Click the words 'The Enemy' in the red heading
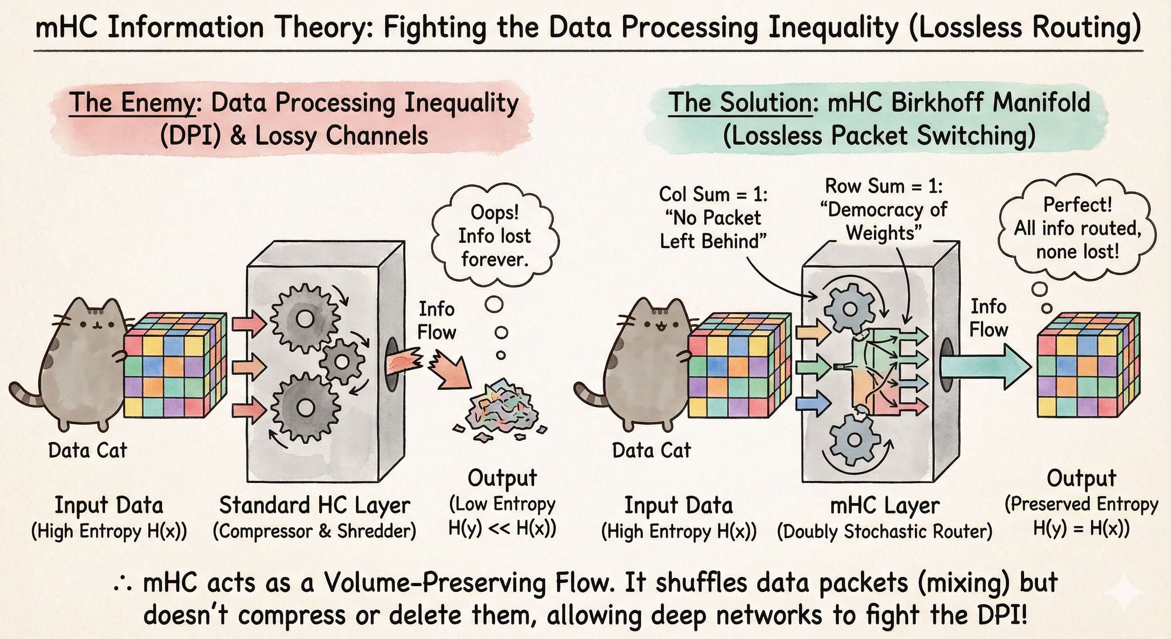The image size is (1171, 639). click(132, 103)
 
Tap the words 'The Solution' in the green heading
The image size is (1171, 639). click(740, 103)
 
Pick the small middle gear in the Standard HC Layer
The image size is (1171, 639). click(342, 362)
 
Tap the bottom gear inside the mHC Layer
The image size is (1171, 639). click(855, 439)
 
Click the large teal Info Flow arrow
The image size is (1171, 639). click(984, 367)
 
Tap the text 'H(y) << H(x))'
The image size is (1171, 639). click(502, 528)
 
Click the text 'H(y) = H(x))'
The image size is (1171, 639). click(1081, 528)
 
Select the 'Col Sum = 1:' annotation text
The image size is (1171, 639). click(713, 194)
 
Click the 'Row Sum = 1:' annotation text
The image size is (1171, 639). click(884, 186)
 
